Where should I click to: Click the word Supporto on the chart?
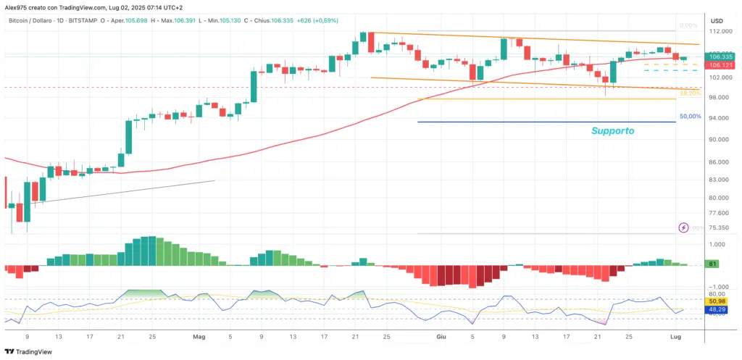coord(612,131)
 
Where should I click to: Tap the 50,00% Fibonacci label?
coord(690,116)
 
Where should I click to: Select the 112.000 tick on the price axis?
coord(719,32)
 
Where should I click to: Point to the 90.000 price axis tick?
coord(718,140)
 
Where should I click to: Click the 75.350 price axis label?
coord(718,227)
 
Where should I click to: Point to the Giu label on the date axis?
coord(441,337)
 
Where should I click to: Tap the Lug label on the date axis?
coord(676,337)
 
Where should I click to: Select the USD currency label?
coord(717,20)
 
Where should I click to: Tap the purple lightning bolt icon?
coord(683,227)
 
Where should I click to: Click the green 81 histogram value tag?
coord(713,264)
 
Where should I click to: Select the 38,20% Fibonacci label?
coord(690,93)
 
